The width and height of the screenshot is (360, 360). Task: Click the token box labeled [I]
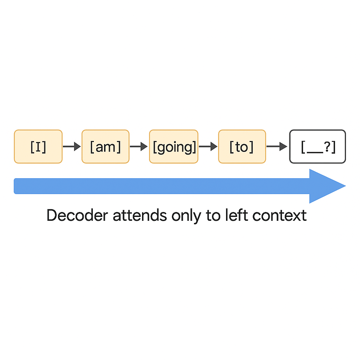[38, 147]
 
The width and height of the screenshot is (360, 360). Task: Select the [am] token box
[105, 147]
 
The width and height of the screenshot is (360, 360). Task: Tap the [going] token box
[174, 147]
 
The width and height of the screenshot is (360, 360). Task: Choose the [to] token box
[242, 147]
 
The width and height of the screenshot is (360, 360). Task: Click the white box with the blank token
[317, 147]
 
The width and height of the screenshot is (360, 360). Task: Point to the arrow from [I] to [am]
[72, 147]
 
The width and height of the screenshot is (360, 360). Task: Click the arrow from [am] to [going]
[139, 147]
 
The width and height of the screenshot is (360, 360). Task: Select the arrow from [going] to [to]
[208, 147]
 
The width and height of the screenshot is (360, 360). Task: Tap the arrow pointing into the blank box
[277, 147]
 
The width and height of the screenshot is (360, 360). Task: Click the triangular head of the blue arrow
[324, 186]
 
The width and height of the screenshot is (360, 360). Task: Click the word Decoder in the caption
[77, 216]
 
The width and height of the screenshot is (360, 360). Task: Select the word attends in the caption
[140, 216]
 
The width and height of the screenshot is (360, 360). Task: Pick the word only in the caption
[186, 216]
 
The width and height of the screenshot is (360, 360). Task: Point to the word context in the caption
[279, 216]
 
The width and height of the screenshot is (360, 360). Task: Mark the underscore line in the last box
[315, 152]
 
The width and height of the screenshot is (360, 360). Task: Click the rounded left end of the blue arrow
[16, 186]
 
